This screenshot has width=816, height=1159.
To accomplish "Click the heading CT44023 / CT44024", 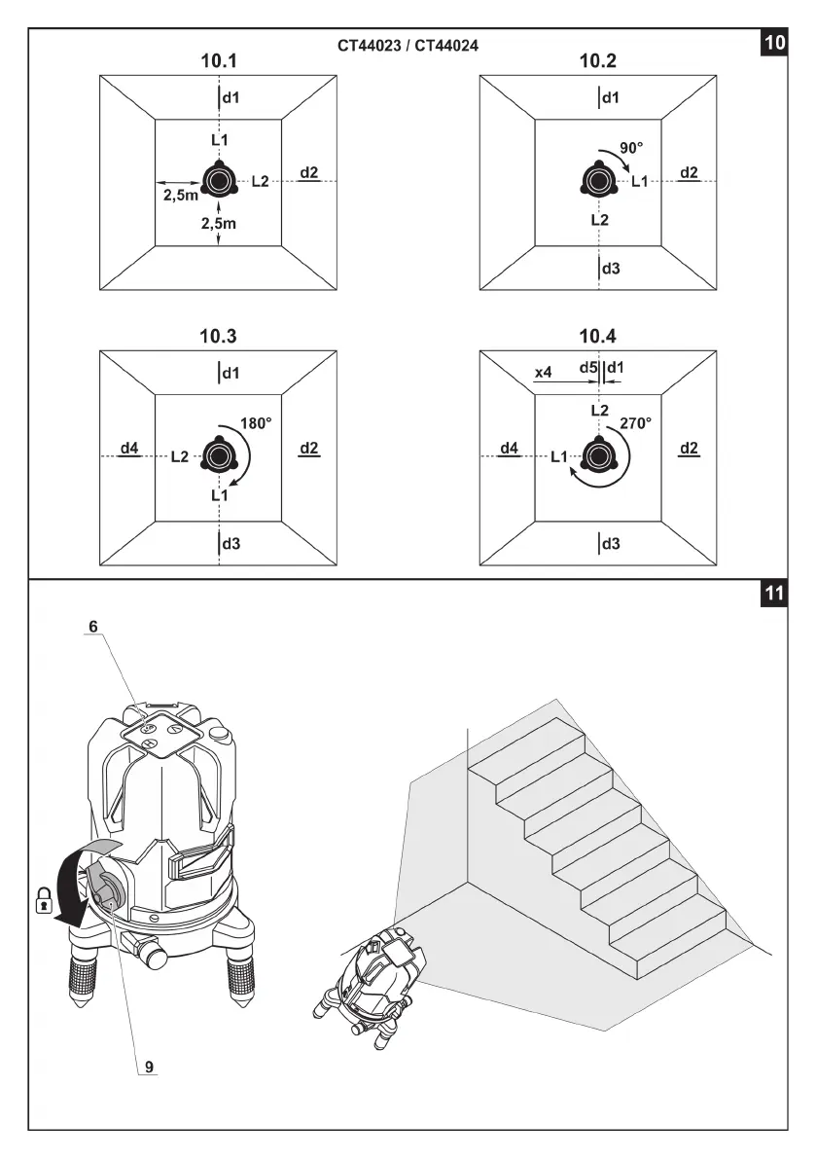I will point(408,45).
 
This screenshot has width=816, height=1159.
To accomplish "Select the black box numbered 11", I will point(774,595).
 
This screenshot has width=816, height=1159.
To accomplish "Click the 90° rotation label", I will point(632,148).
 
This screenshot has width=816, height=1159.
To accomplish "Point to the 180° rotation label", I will point(255,423).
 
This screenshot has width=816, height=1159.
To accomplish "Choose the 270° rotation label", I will point(635,423).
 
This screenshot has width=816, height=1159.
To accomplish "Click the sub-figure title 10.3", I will point(219,337).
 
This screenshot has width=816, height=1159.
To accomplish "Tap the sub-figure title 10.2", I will point(597,61).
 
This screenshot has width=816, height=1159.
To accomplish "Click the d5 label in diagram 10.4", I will point(588,368).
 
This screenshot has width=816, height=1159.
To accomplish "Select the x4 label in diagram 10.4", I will point(544,372).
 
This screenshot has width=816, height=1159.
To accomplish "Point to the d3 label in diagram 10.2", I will point(611,268).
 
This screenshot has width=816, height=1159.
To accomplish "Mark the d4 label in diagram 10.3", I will point(129,449).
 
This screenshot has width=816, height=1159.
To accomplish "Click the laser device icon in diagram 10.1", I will point(219,181).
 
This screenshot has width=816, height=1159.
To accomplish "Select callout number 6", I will point(93,628).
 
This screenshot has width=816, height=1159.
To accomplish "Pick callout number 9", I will point(149,1066).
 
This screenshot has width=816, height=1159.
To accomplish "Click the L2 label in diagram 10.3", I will point(180,455).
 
